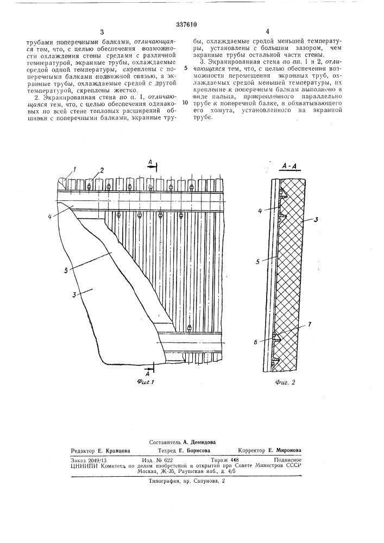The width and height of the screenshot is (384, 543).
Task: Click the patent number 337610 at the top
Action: [x=192, y=9]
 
